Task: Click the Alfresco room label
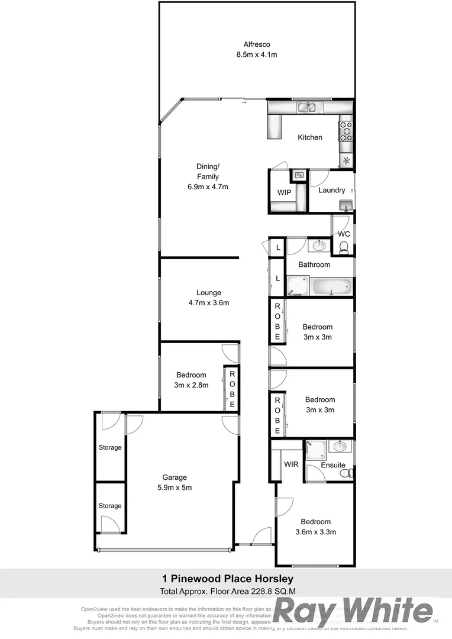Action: [x=257, y=44]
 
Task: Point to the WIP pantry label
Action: [x=284, y=193]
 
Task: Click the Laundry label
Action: [x=331, y=190]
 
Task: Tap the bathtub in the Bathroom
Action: [x=331, y=288]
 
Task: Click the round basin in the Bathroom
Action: [x=319, y=245]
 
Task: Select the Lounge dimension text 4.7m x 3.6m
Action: [x=208, y=303]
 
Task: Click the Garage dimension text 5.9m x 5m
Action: [x=175, y=488]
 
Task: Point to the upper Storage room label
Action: [x=110, y=448]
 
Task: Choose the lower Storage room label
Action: [x=110, y=506]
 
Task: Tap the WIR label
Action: [x=290, y=465]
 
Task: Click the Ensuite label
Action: [x=333, y=465]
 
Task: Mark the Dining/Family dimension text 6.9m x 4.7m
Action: [x=208, y=186]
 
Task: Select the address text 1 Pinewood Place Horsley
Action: [x=228, y=579]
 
